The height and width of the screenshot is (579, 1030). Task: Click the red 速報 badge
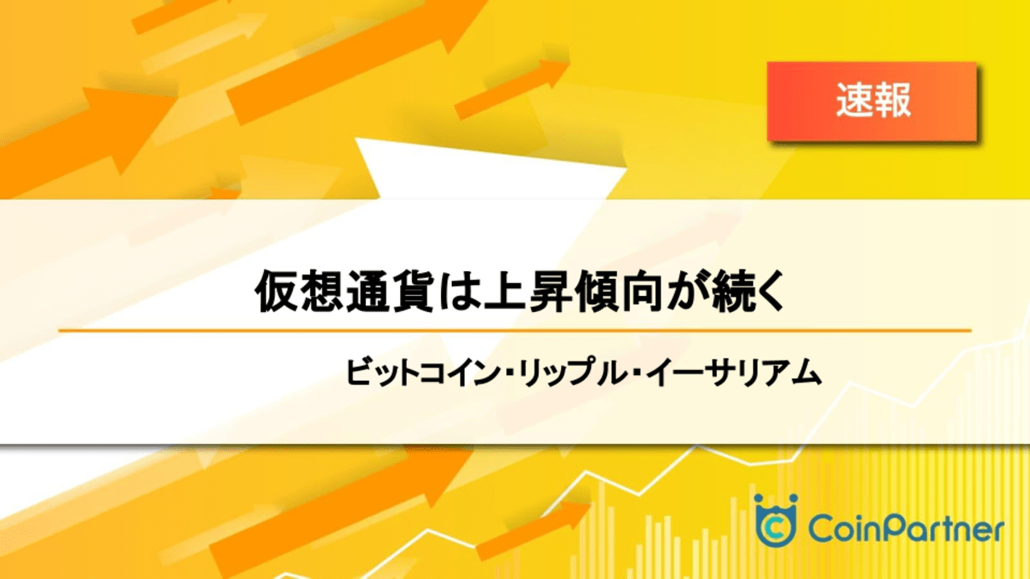click(872, 101)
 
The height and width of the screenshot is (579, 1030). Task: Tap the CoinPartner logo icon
click(775, 521)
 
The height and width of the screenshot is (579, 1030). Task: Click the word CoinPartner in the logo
click(904, 529)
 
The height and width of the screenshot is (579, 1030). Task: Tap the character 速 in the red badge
click(852, 101)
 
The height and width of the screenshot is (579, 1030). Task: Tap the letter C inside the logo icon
click(775, 527)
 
